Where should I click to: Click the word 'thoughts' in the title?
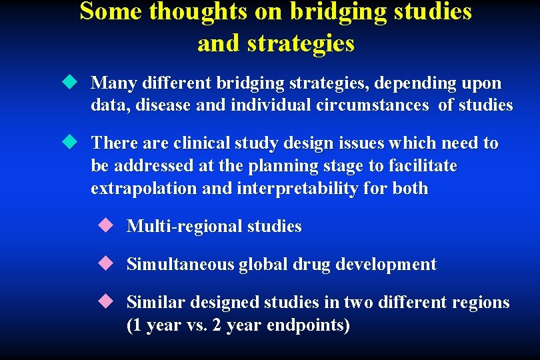click(x=197, y=12)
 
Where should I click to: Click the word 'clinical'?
click(x=204, y=143)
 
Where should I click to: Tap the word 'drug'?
click(x=311, y=265)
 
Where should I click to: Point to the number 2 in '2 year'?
click(x=215, y=325)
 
